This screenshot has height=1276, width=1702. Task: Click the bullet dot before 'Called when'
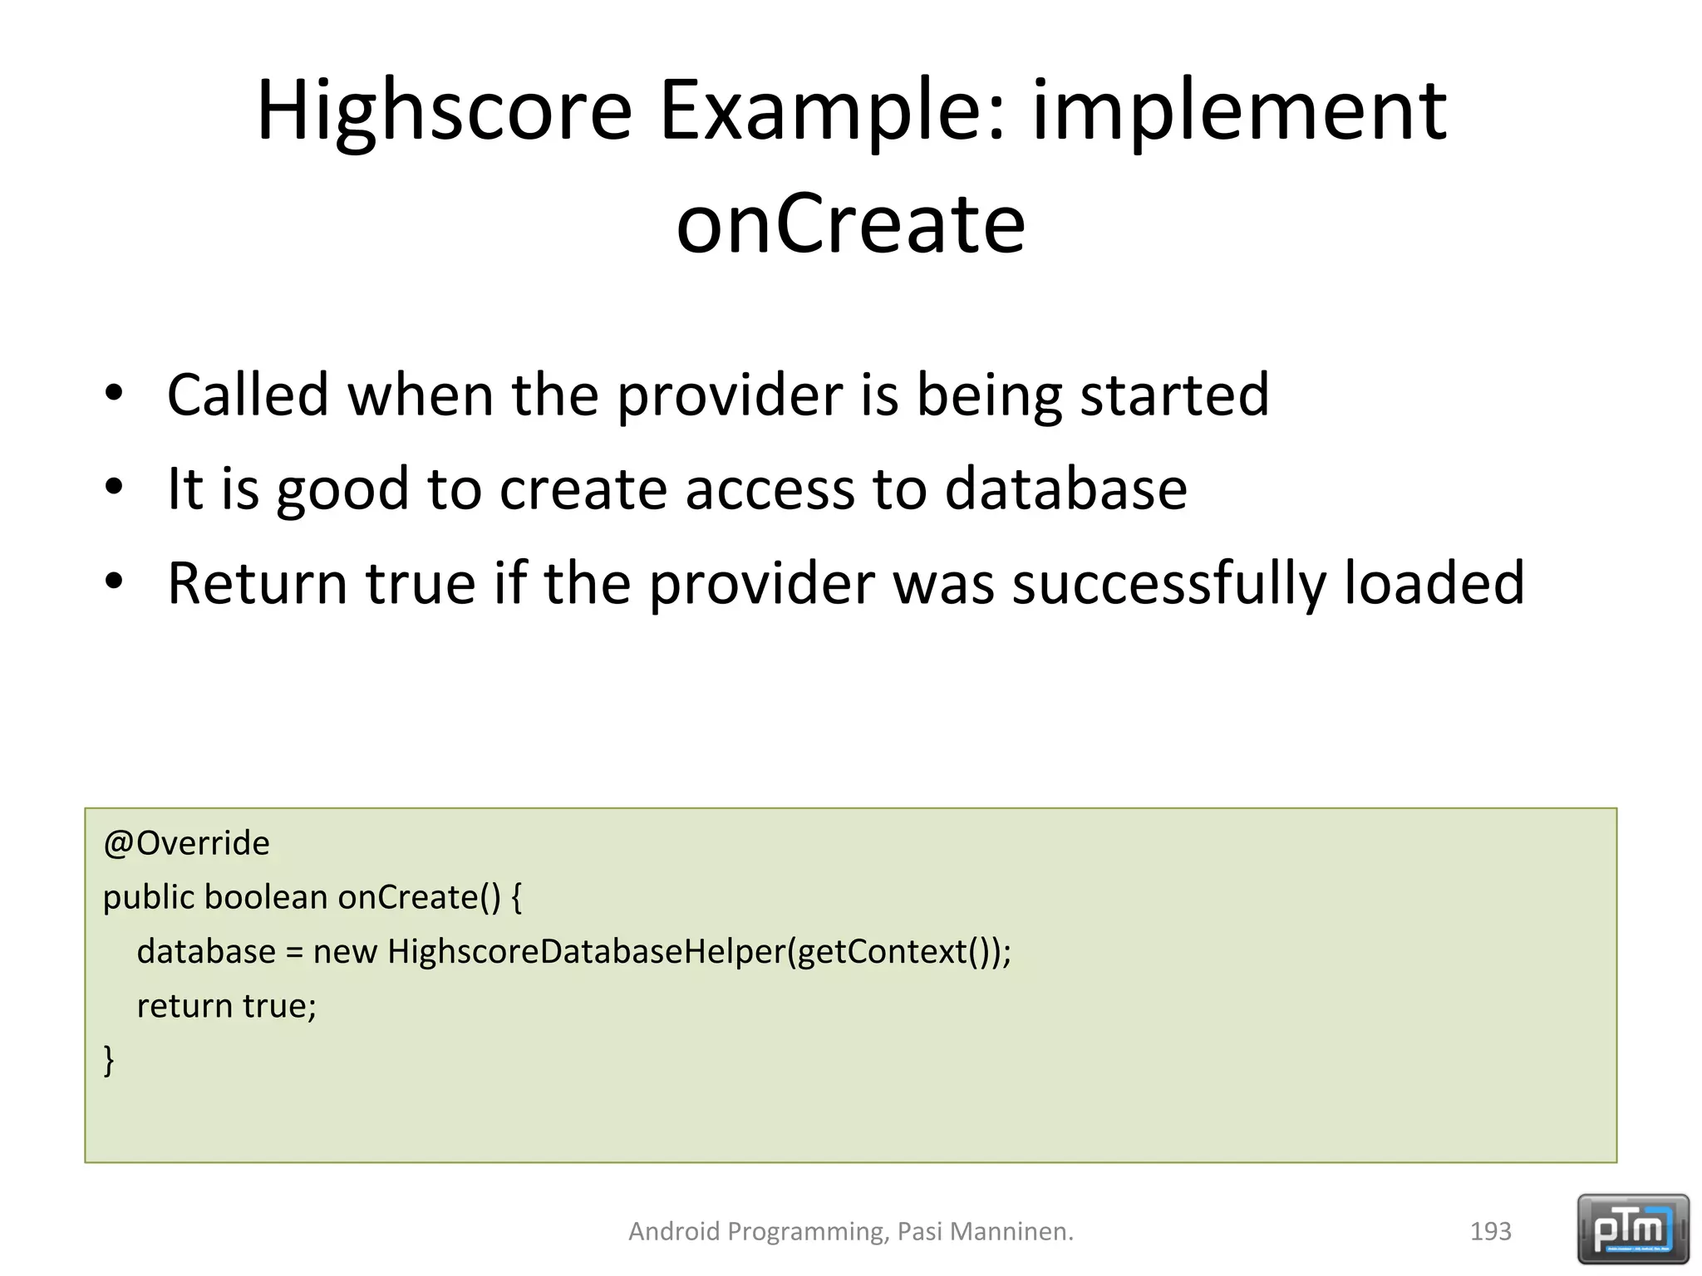point(114,392)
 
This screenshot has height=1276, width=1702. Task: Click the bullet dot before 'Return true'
point(114,582)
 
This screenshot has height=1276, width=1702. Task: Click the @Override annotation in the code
point(186,843)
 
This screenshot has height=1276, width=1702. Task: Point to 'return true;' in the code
point(226,1006)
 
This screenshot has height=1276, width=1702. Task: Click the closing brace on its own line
point(109,1060)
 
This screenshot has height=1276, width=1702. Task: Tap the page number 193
point(1490,1231)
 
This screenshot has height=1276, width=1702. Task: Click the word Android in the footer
point(674,1231)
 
